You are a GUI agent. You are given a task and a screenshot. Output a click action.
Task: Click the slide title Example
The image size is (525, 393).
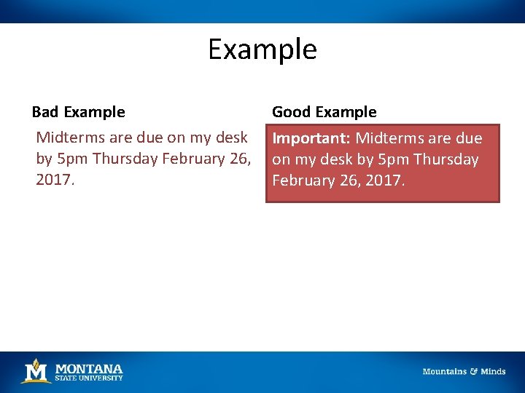point(262,49)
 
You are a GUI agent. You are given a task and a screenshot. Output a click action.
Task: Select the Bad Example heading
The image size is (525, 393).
point(78,112)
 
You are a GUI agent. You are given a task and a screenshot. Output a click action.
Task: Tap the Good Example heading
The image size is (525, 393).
point(324,112)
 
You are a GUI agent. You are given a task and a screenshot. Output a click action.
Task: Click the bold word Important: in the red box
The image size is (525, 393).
point(311,138)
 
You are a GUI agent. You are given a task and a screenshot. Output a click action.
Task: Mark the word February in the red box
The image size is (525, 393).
point(303,180)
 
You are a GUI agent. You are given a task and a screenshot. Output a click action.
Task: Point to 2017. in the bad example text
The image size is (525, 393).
point(55,180)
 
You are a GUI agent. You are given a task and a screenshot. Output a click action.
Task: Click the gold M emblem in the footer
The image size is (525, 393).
point(36,371)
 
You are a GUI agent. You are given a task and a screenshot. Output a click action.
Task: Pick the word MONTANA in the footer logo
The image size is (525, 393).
point(89,368)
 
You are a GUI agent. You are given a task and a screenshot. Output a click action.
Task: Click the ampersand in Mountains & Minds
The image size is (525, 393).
point(473,372)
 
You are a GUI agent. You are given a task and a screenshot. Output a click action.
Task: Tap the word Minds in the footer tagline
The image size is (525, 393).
point(493,372)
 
